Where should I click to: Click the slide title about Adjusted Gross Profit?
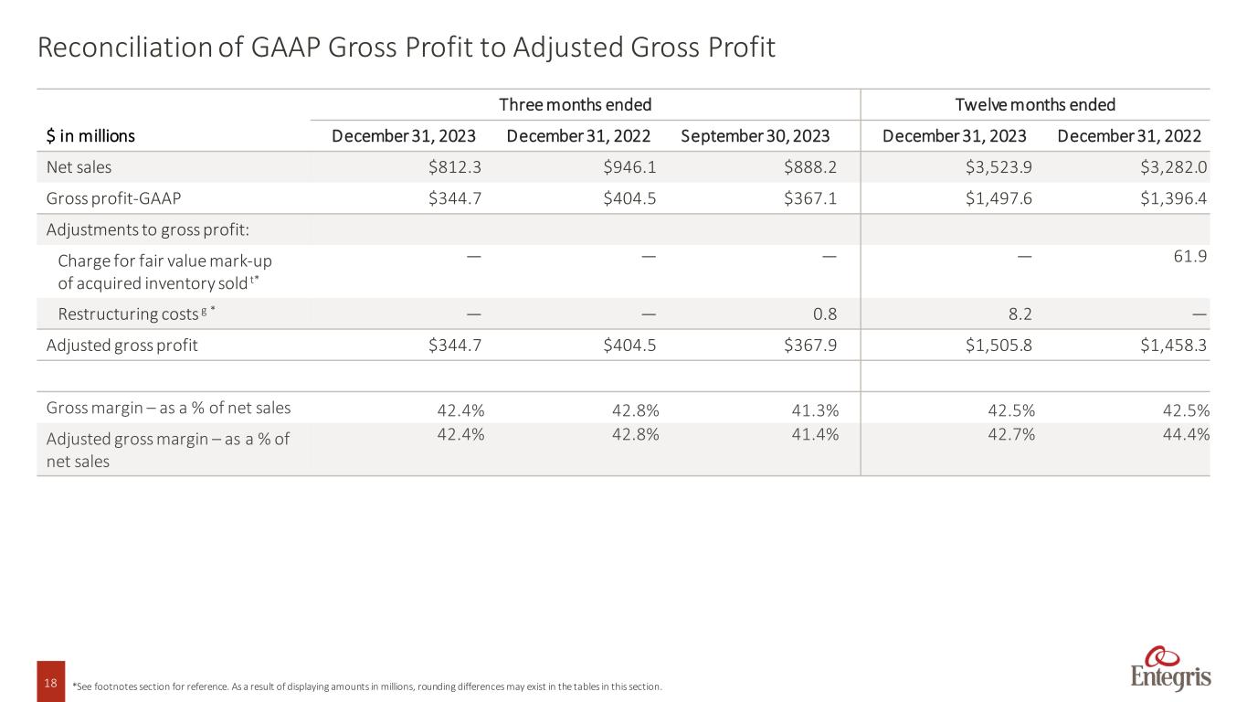coord(407,48)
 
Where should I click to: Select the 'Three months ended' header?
coord(575,104)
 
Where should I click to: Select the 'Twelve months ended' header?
coord(1035,104)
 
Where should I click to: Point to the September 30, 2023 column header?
coord(755,136)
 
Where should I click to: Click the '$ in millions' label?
coord(90,136)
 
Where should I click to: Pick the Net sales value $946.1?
coord(630,167)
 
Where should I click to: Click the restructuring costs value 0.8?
coord(824,314)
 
